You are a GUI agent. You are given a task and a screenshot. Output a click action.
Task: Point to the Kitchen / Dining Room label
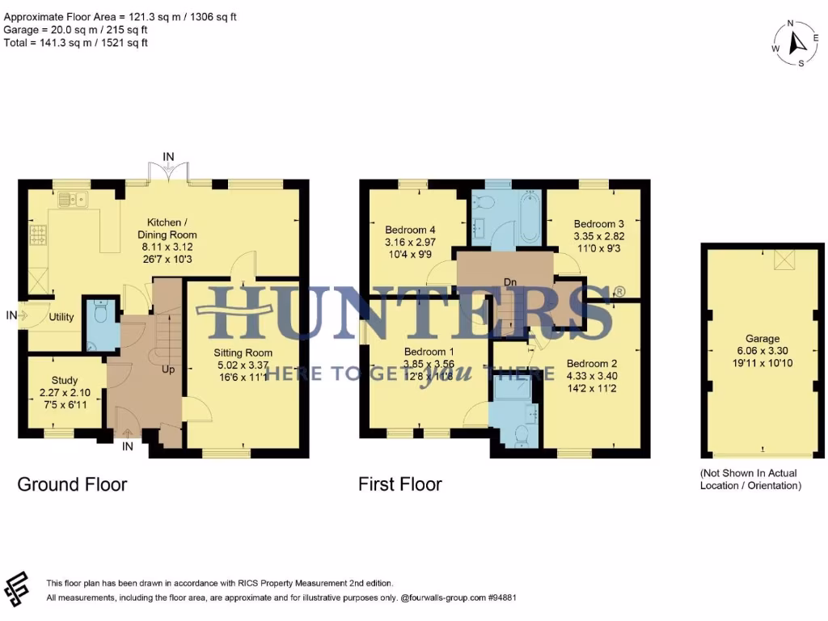(x=171, y=234)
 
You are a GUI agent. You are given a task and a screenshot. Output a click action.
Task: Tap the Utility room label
(x=61, y=318)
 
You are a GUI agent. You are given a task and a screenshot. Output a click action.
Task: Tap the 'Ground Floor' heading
(x=72, y=484)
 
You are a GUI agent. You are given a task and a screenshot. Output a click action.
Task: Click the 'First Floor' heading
(x=400, y=484)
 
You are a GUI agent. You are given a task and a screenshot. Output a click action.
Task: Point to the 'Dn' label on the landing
(x=510, y=281)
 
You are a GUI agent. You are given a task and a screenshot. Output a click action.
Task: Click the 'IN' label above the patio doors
(x=168, y=156)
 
